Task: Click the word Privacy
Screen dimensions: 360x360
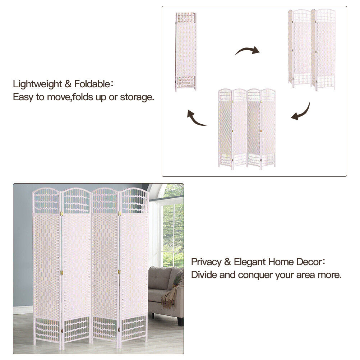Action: (x=206, y=262)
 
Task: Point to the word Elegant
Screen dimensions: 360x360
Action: (x=250, y=262)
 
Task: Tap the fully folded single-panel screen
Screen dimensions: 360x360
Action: (x=186, y=52)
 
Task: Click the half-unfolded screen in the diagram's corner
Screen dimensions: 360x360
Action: (x=312, y=50)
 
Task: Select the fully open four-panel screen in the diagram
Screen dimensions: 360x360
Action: (x=247, y=129)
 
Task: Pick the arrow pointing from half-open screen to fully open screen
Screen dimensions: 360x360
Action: (x=302, y=112)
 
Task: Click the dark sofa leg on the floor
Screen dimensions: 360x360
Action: (x=181, y=322)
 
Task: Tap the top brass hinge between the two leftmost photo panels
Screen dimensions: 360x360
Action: (x=61, y=214)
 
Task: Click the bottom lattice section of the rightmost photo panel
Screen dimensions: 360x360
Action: (x=134, y=328)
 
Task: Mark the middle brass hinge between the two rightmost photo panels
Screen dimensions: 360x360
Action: (x=119, y=272)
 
